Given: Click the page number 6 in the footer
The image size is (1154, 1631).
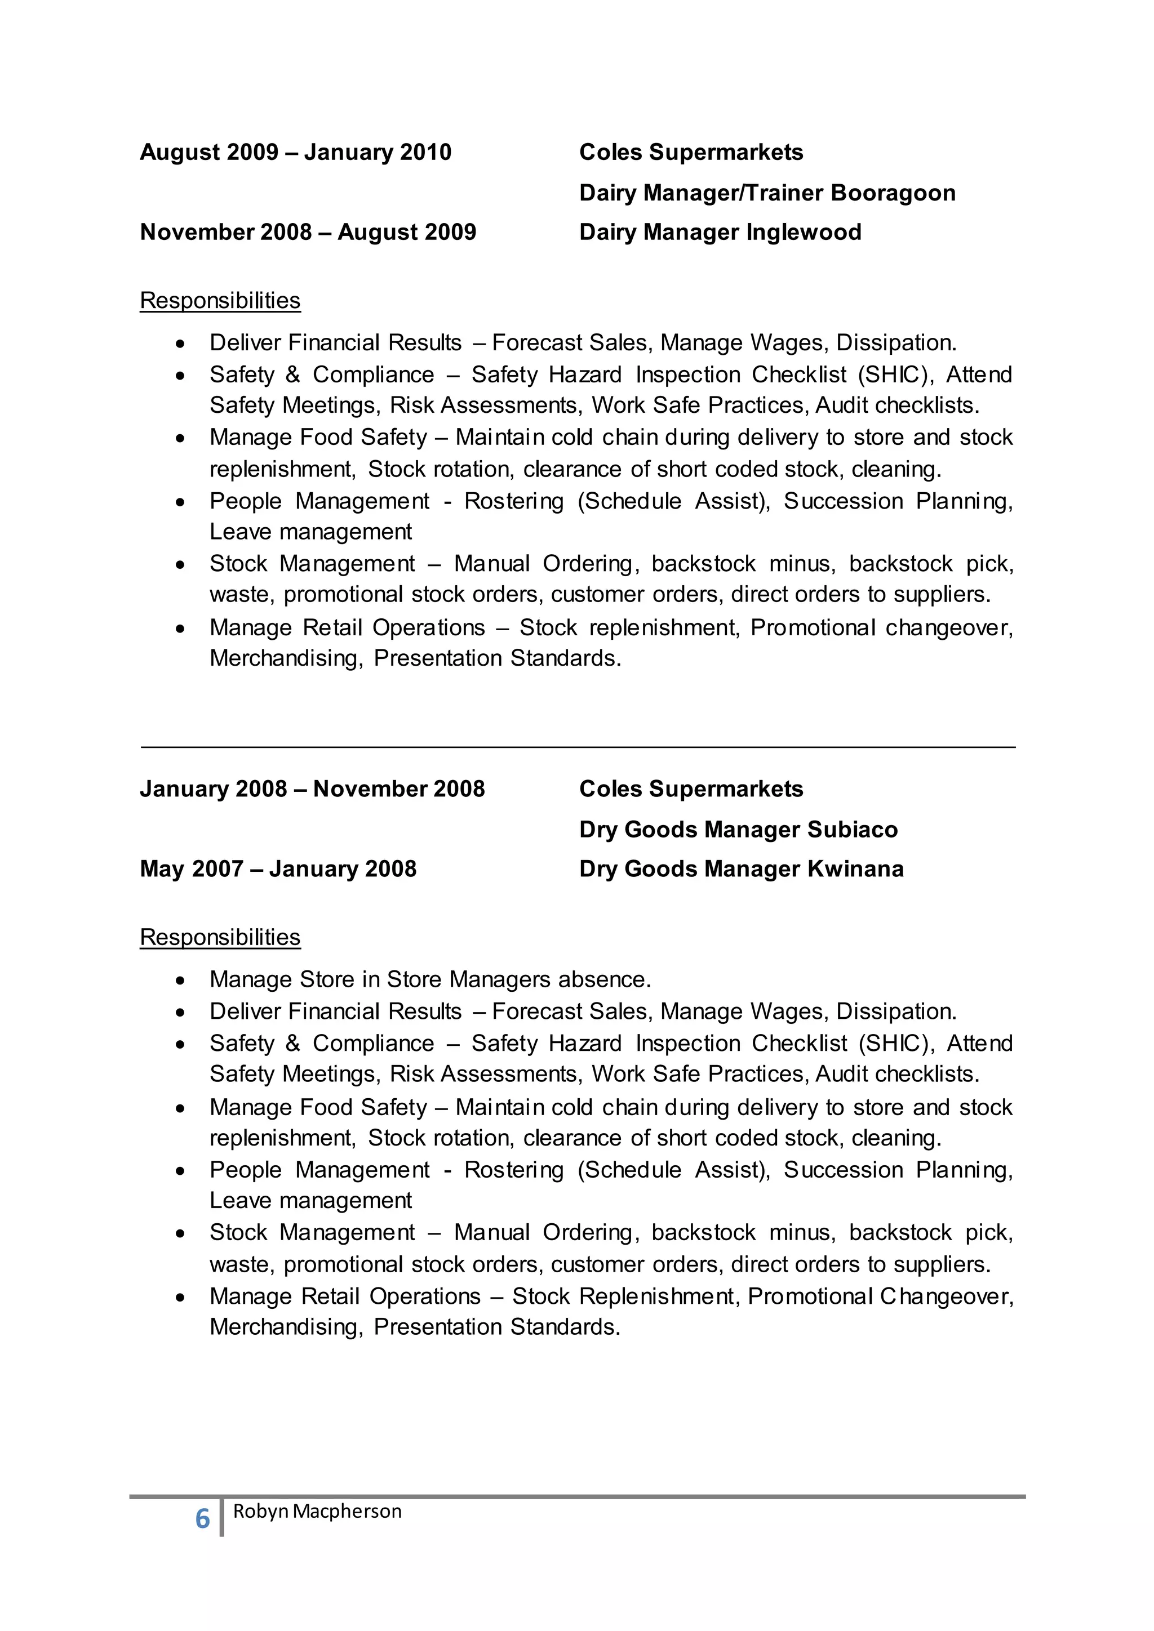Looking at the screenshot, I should point(202,1519).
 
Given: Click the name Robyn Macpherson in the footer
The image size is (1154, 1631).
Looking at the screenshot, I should point(317,1512).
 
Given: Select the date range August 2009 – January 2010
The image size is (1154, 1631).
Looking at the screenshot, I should point(296,152).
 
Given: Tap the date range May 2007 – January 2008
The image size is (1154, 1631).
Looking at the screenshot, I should point(278,869).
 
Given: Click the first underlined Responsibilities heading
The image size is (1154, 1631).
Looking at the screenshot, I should point(220,301).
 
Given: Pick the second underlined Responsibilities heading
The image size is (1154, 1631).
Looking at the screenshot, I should point(220,937).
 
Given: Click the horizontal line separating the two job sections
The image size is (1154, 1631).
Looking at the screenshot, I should point(577,747).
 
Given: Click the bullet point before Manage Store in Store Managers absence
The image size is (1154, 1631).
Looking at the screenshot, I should point(181,981).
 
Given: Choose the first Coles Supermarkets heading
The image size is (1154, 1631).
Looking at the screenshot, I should point(691,152).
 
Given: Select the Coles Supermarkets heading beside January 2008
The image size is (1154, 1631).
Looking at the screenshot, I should point(691,788).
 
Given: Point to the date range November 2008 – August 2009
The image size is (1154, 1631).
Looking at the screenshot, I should point(308,232).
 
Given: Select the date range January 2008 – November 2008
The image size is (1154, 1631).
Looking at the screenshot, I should point(312,788).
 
